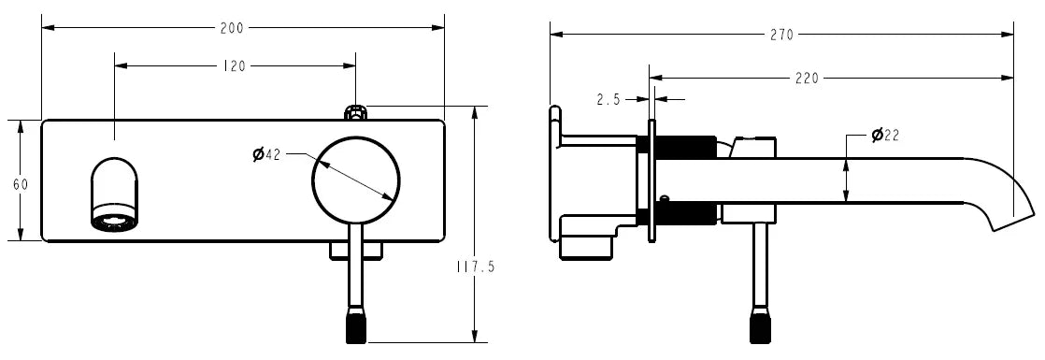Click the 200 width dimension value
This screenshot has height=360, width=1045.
(x=231, y=28)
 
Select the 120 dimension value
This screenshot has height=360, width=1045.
(x=235, y=66)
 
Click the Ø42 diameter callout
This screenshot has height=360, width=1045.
(x=266, y=154)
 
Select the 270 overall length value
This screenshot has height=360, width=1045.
(x=781, y=36)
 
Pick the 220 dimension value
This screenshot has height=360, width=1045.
(x=806, y=79)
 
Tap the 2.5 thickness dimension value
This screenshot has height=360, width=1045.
(x=608, y=99)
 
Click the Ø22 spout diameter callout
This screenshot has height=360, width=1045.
(x=884, y=136)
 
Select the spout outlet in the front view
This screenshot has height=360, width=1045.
(x=114, y=194)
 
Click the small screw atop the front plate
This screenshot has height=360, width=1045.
(x=356, y=113)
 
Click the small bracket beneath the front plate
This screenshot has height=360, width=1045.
(x=356, y=250)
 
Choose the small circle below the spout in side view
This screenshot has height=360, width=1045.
(x=665, y=198)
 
